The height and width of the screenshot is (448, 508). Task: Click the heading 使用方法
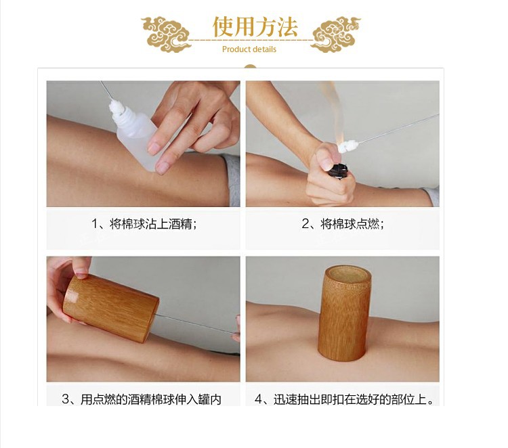point(255,27)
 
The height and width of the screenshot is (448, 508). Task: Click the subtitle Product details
point(249,49)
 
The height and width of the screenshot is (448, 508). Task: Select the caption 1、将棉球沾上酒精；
point(144,224)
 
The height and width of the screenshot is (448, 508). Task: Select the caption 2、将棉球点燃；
point(343,224)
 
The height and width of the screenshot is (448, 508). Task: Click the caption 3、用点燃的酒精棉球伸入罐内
point(142,399)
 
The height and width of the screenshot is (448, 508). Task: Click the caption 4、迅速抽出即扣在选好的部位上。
point(344,399)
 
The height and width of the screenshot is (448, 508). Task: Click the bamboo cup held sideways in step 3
point(110,308)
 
